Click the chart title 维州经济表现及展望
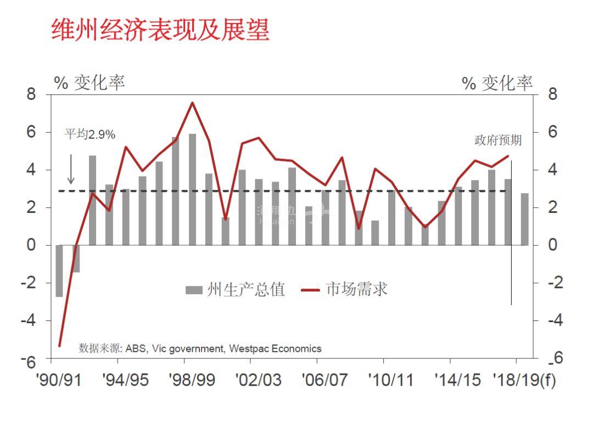tap(160, 30)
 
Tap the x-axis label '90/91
tap(61, 380)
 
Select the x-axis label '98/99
tap(192, 380)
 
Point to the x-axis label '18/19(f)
tap(524, 380)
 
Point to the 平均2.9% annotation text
tap(90, 134)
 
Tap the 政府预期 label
tap(498, 140)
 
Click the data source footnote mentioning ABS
tap(200, 348)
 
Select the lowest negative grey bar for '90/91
tap(59, 271)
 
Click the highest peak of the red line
tap(192, 103)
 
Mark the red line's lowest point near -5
tap(59, 346)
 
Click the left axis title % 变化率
tap(89, 83)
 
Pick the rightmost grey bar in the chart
tap(524, 219)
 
